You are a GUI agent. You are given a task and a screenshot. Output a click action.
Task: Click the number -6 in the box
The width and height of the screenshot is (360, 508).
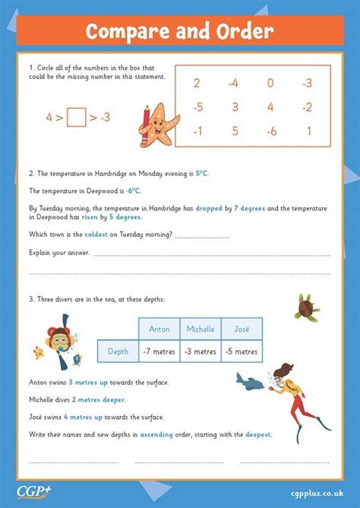pos(270,130)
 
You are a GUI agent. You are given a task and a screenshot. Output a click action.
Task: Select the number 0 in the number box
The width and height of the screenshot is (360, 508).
pos(270,83)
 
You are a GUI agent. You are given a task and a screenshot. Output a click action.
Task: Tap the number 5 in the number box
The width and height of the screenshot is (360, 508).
pos(233,130)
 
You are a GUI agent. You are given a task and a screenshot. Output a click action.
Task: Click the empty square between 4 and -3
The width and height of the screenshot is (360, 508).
pos(76,118)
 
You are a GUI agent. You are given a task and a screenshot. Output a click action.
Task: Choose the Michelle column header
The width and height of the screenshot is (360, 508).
pos(201,329)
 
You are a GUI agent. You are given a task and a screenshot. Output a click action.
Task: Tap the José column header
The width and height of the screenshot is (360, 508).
pos(242,329)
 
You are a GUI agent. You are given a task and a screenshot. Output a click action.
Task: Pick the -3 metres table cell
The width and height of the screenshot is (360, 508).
pos(201,351)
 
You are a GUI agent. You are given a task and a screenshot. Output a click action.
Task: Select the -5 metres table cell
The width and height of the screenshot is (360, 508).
pos(242,351)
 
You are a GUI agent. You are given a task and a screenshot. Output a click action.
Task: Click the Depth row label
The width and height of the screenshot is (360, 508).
pos(118,351)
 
